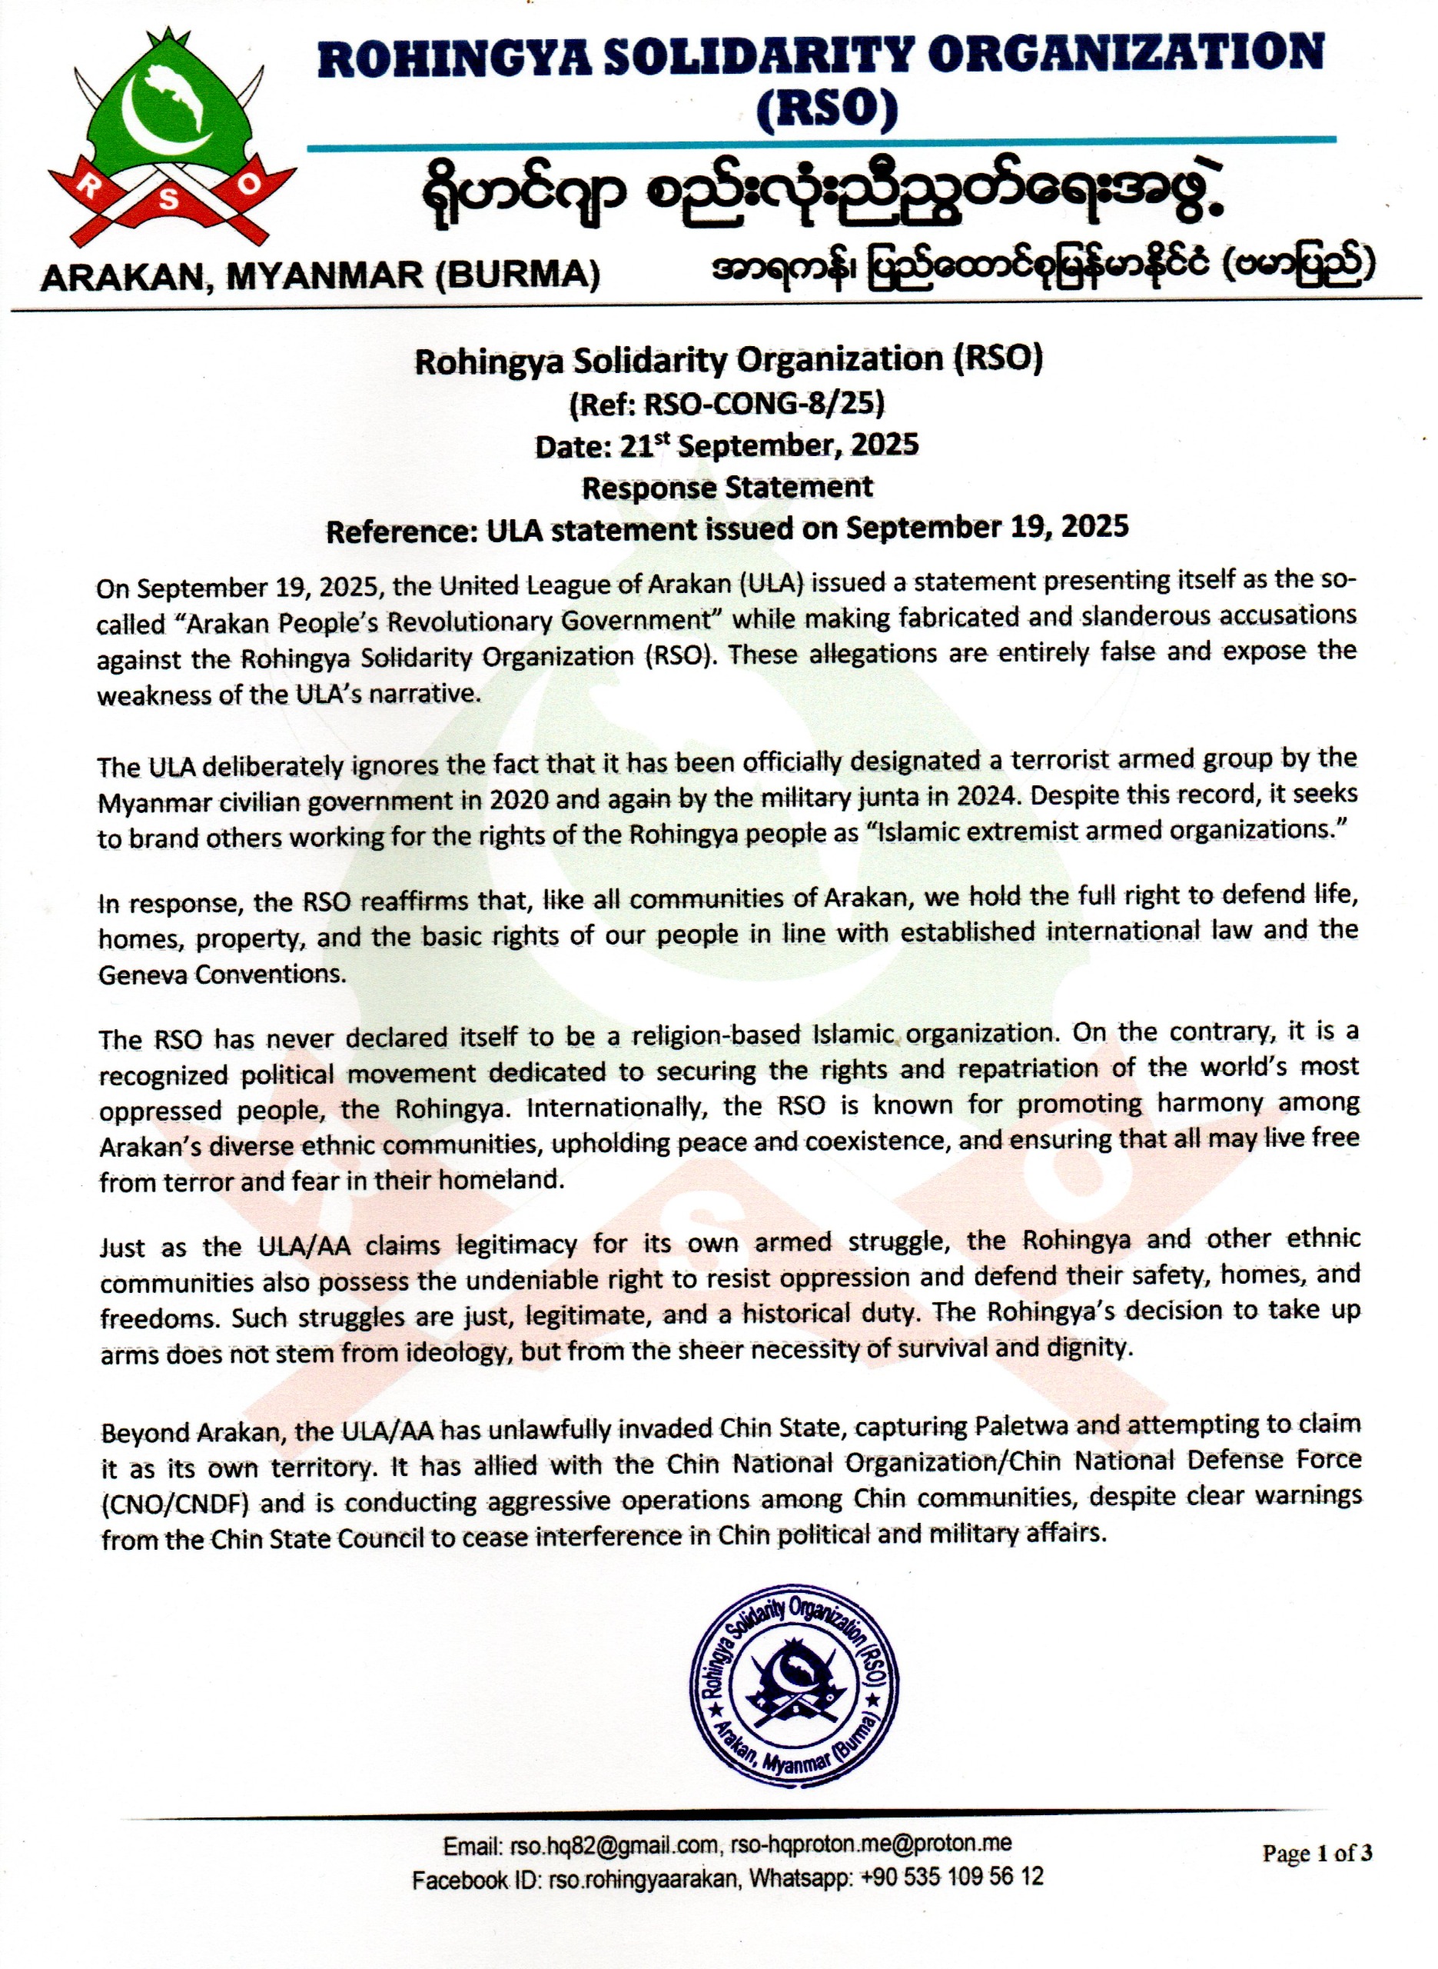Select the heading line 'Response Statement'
[727, 487]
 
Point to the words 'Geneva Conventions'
[222, 974]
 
